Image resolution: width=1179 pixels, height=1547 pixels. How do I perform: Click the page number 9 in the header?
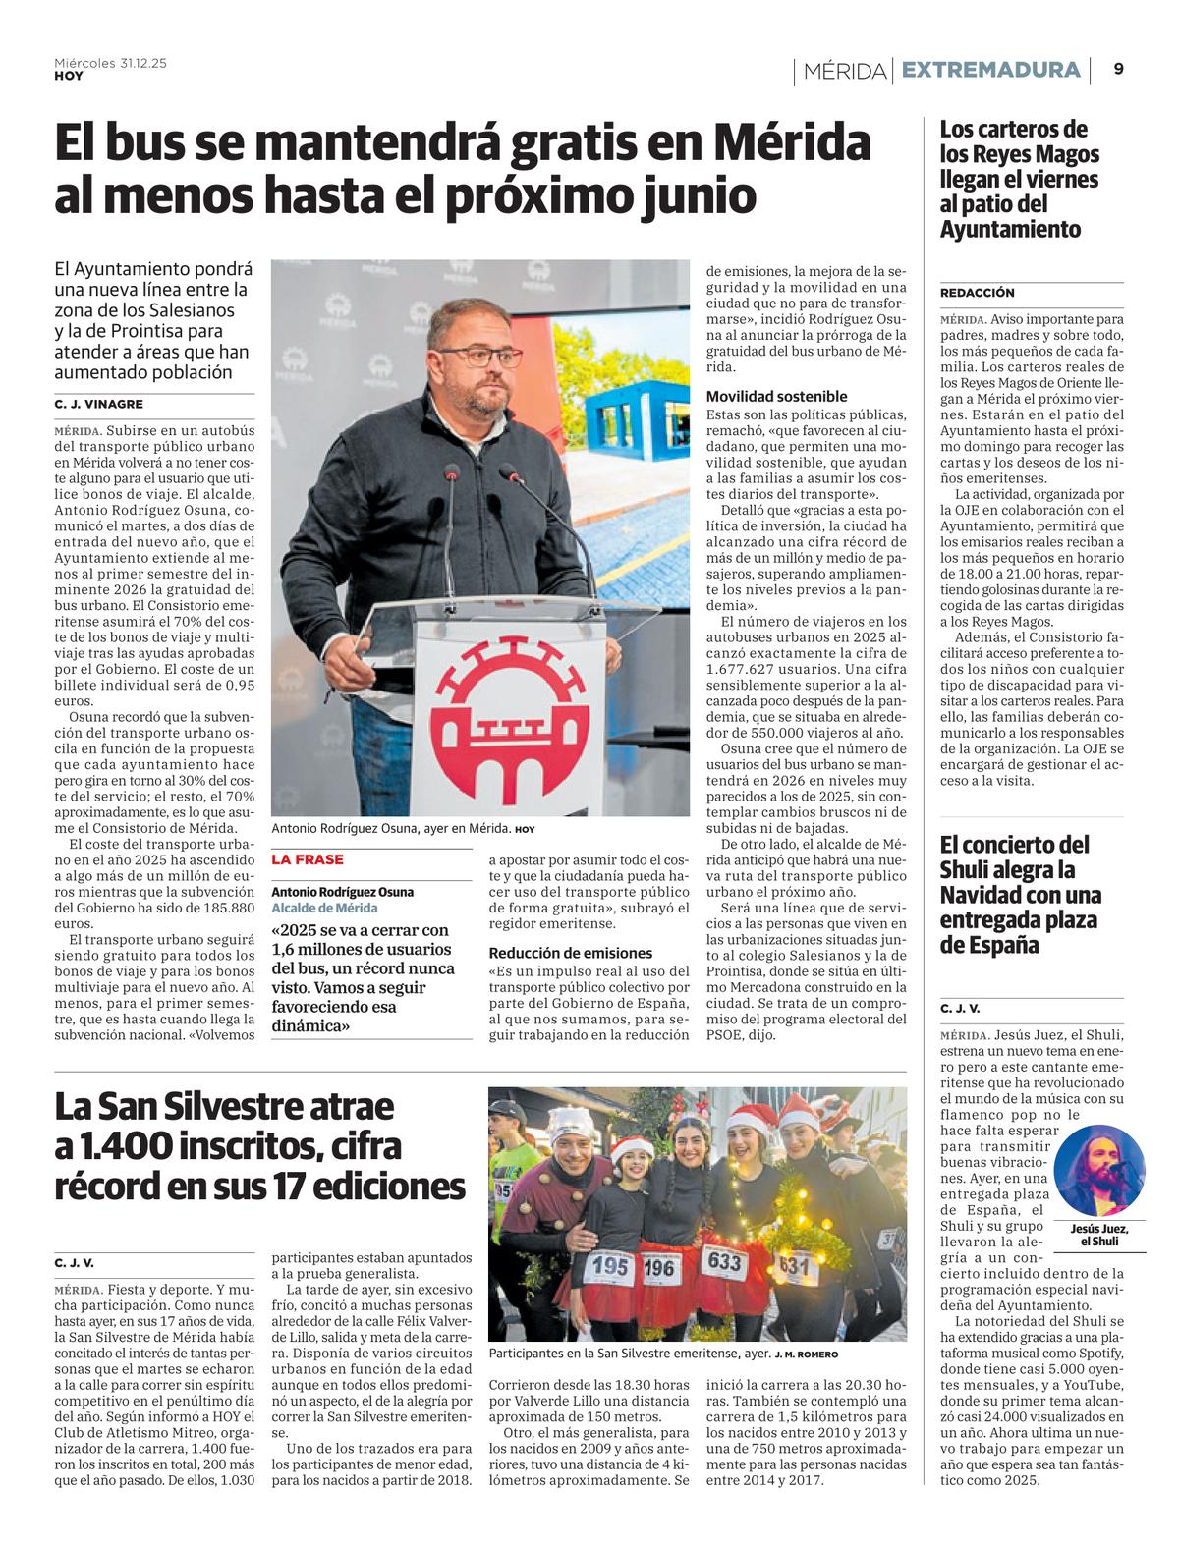[1119, 70]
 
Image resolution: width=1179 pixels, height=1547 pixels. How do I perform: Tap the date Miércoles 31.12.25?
[110, 63]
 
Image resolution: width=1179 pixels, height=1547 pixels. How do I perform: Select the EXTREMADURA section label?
[990, 70]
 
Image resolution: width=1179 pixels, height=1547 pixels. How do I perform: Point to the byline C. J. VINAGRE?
[98, 404]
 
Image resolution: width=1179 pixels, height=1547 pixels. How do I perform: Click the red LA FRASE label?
[308, 859]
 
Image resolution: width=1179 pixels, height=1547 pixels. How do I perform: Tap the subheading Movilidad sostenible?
[776, 397]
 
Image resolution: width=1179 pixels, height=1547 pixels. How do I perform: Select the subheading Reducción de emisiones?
[570, 953]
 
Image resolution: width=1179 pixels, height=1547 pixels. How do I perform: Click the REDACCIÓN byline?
[977, 293]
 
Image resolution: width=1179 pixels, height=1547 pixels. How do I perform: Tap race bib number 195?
[609, 1267]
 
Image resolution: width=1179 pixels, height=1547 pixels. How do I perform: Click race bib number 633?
[725, 1261]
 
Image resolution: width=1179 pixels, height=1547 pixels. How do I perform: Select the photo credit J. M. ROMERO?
[807, 1354]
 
